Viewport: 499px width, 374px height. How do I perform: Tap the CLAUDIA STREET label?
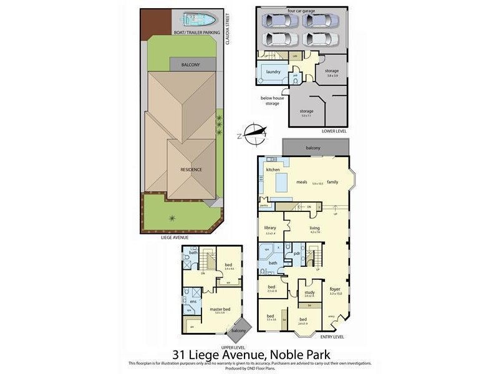[228, 29]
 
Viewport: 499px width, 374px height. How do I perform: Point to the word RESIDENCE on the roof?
[191, 170]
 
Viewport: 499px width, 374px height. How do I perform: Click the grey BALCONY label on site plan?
[190, 64]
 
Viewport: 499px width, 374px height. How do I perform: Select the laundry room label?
[273, 72]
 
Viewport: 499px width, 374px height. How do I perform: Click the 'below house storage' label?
[272, 101]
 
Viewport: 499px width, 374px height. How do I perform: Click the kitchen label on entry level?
[273, 170]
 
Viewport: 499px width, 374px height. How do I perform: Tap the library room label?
[270, 228]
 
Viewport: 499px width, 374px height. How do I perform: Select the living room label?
[314, 228]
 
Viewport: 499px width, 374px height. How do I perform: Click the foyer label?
[336, 290]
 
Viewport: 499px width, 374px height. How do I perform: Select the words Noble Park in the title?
[309, 355]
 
